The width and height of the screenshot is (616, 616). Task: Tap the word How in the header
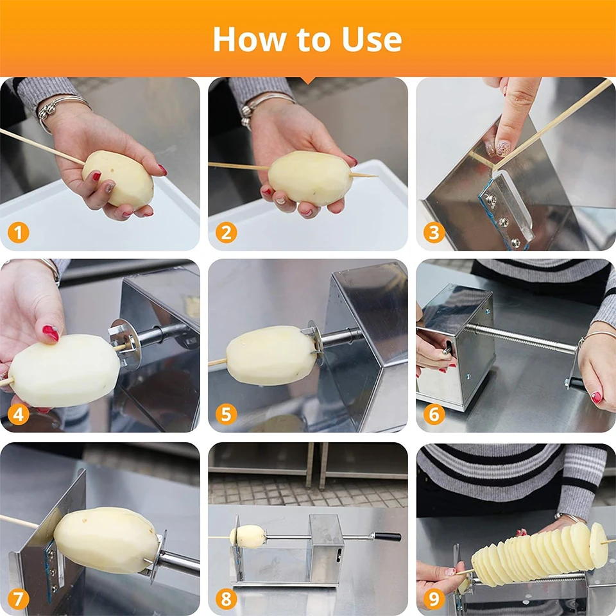246,39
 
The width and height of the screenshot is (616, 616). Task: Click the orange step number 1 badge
19,232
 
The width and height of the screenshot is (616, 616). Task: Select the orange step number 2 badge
226,232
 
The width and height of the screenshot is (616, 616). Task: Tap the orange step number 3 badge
434,232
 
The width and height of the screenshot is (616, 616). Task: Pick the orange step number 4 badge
19,415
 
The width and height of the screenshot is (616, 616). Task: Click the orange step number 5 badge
226,415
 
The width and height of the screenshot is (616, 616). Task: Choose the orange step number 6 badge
434,415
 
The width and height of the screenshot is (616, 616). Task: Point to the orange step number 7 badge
19,599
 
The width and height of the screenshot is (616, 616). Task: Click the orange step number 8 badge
226,599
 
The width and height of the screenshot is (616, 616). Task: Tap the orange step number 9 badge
434,599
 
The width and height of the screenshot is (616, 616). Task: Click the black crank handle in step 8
388,536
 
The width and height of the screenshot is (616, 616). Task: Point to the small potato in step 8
248,536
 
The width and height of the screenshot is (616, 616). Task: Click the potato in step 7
106,540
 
